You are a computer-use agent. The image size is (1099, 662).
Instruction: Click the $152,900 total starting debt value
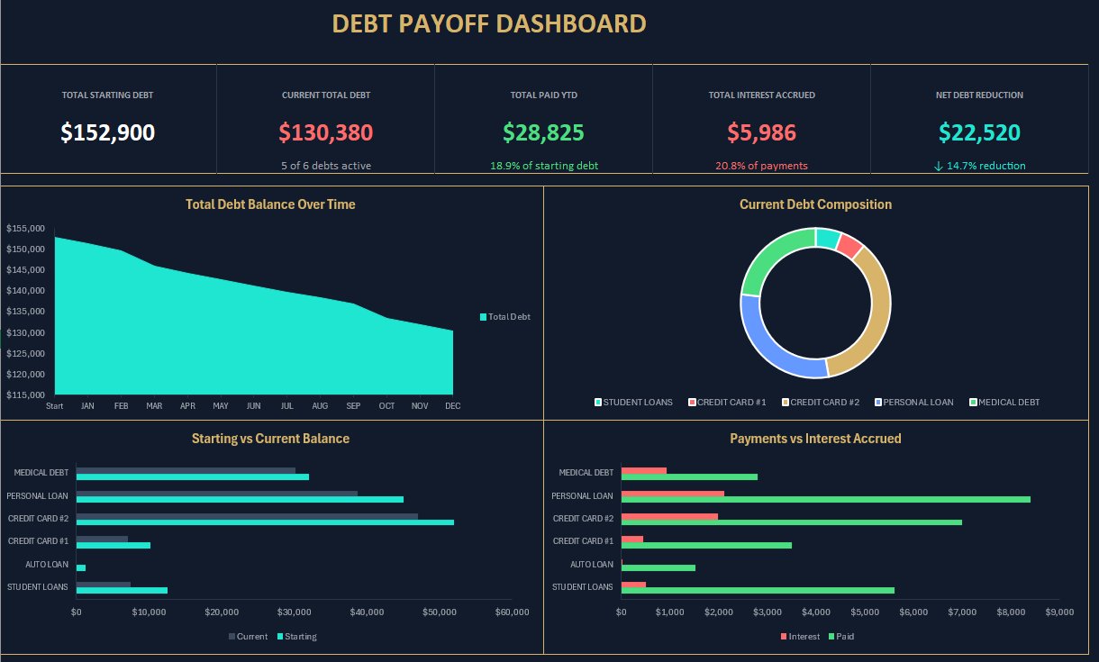tap(108, 132)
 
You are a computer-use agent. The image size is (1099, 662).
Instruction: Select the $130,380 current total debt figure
tap(325, 132)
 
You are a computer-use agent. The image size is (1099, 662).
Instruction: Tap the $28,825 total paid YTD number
tap(543, 132)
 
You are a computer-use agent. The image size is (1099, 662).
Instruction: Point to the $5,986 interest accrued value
tap(761, 132)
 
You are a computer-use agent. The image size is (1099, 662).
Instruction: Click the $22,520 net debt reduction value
tap(979, 132)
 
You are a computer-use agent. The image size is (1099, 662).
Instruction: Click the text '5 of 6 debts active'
tap(325, 166)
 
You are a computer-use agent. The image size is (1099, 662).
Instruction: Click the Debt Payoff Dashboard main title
tap(489, 23)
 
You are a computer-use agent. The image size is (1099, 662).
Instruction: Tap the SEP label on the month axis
tap(353, 406)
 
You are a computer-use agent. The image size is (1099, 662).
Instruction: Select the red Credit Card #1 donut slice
tap(849, 244)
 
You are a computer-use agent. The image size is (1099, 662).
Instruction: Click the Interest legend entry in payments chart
tap(800, 637)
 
